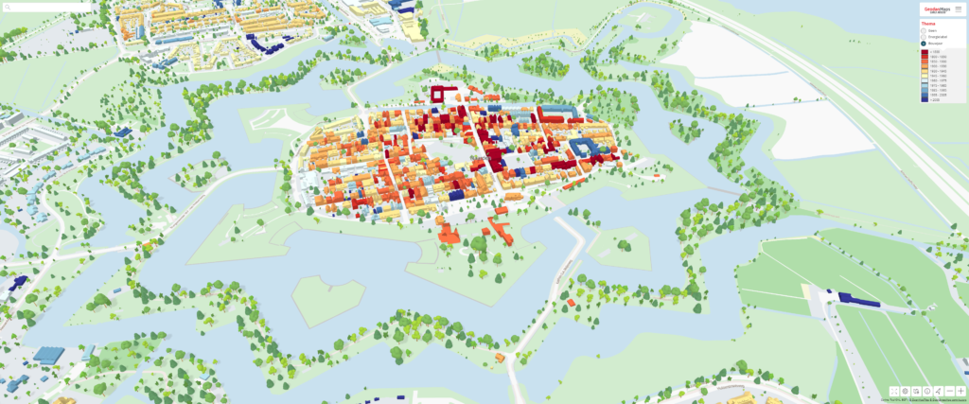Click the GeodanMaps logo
(x=937, y=9)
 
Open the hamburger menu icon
(x=959, y=9)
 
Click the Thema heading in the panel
(x=928, y=24)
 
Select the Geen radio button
(x=924, y=31)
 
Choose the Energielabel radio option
(x=924, y=37)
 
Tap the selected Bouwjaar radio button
(x=924, y=44)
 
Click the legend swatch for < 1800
(x=925, y=52)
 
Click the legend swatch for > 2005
(x=925, y=99)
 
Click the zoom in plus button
(x=960, y=391)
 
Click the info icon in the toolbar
(x=927, y=391)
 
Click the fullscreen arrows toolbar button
(x=894, y=391)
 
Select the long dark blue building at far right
(x=857, y=300)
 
